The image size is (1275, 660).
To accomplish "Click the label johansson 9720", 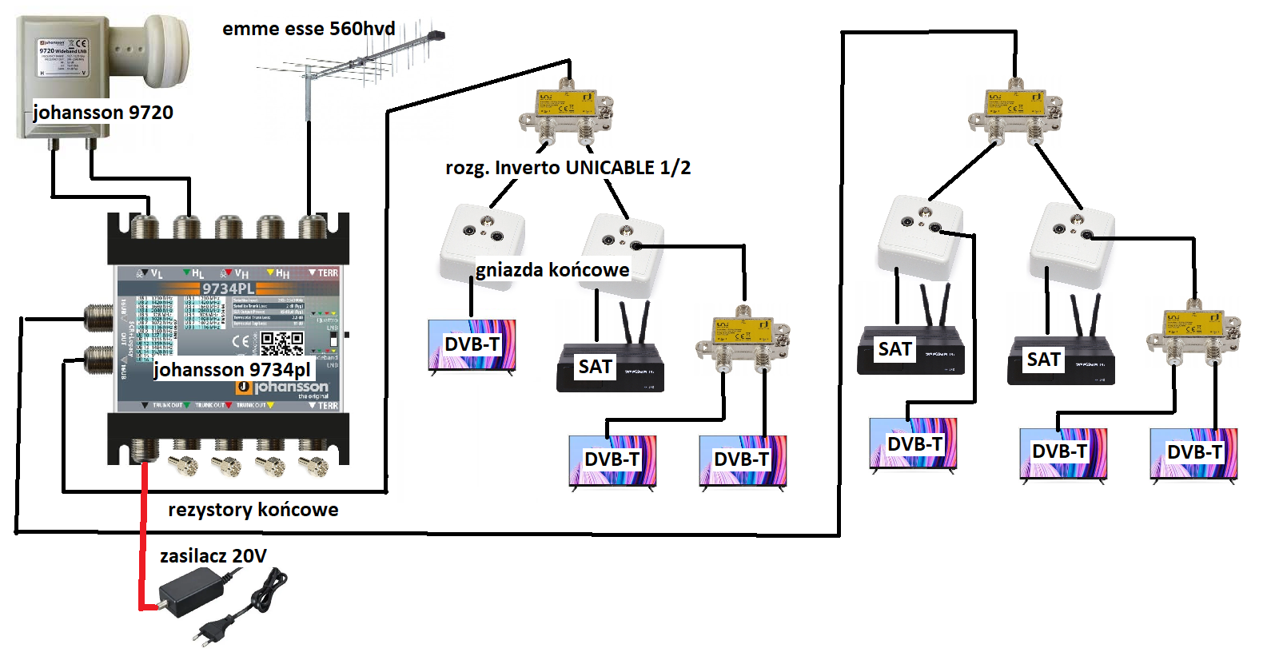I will [103, 112].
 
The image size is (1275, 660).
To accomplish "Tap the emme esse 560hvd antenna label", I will [309, 29].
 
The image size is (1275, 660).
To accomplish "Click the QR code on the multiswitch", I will [282, 344].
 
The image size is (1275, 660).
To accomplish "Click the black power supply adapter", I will [192, 593].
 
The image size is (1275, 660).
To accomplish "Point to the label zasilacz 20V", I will [213, 556].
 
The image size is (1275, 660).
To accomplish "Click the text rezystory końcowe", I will [253, 510].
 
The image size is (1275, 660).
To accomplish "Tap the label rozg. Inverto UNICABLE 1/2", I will [568, 168].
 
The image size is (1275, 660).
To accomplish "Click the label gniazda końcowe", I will [552, 270].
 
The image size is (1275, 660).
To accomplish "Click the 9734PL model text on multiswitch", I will [228, 288].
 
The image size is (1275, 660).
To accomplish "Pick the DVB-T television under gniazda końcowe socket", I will [472, 346].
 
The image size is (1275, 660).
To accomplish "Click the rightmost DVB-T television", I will [1193, 454].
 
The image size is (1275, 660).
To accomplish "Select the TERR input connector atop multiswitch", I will [311, 227].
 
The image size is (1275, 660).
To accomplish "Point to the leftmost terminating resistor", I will [183, 464].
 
